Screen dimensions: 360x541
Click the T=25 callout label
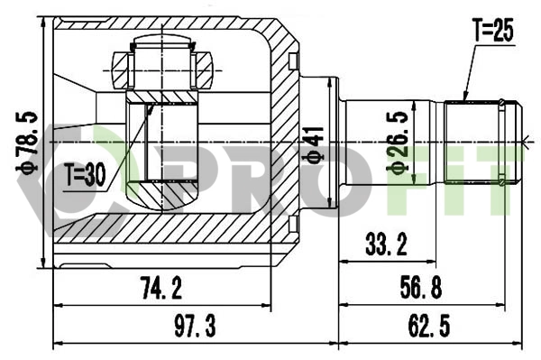point(491,31)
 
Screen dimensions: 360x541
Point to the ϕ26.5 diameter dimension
point(393,143)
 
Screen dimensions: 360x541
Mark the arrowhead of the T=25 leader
point(464,97)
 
